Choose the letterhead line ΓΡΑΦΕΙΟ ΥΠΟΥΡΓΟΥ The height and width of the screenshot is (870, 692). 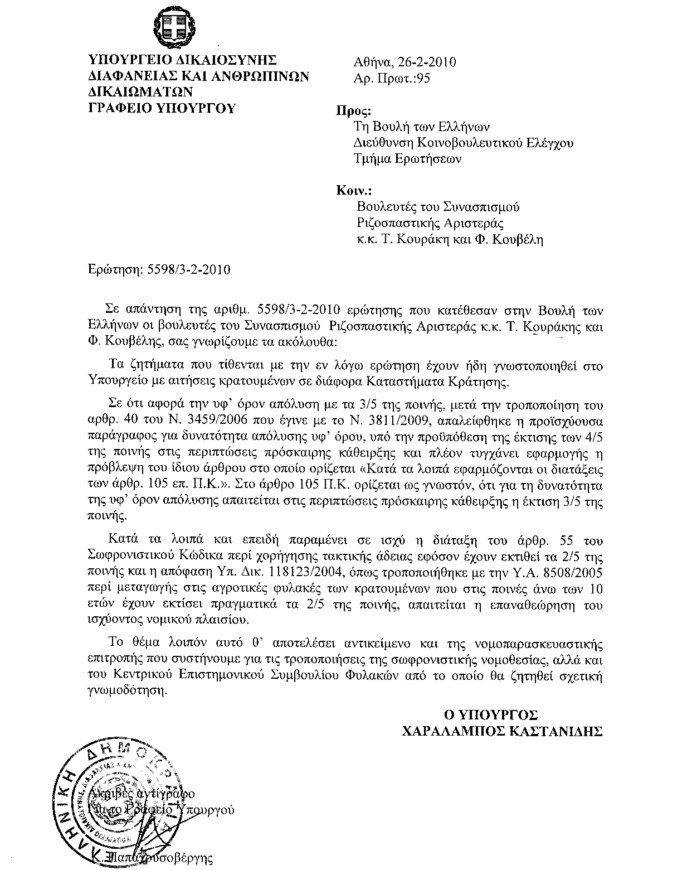click(162, 108)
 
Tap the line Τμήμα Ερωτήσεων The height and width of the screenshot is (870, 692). click(408, 159)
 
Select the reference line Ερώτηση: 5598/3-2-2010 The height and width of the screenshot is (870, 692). click(159, 270)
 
